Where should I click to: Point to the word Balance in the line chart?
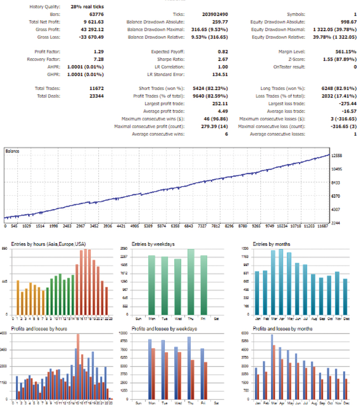coord(13,151)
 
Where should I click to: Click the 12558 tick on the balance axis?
coord(337,155)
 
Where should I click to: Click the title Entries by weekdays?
coord(153,244)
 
